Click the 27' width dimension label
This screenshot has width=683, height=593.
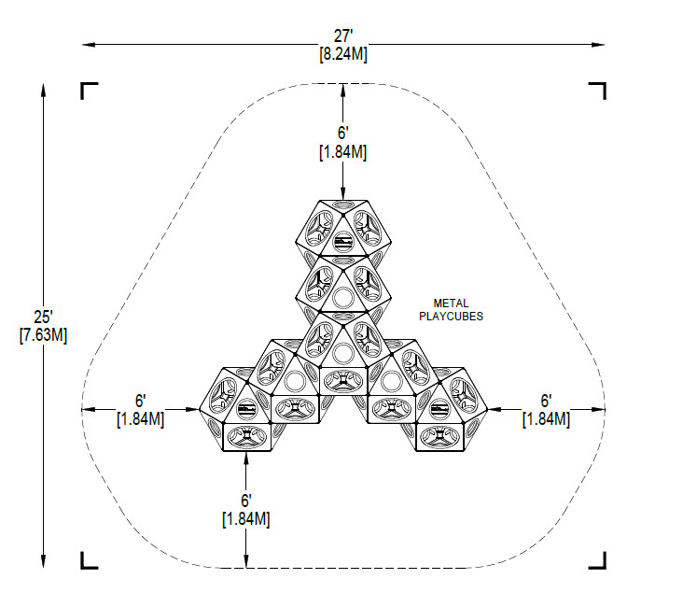click(x=343, y=35)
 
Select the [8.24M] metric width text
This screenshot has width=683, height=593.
click(x=343, y=54)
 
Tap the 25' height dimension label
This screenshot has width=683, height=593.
click(x=43, y=317)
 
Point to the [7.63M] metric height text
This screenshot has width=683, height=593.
click(x=43, y=335)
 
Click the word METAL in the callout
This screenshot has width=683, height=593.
click(x=451, y=304)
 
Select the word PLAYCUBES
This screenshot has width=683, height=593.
click(x=451, y=317)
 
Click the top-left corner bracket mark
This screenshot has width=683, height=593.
click(x=89, y=91)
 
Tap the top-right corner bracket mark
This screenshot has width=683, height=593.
click(x=597, y=91)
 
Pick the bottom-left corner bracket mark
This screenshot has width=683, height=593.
click(x=89, y=560)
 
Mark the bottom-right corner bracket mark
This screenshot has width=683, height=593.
click(x=597, y=560)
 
